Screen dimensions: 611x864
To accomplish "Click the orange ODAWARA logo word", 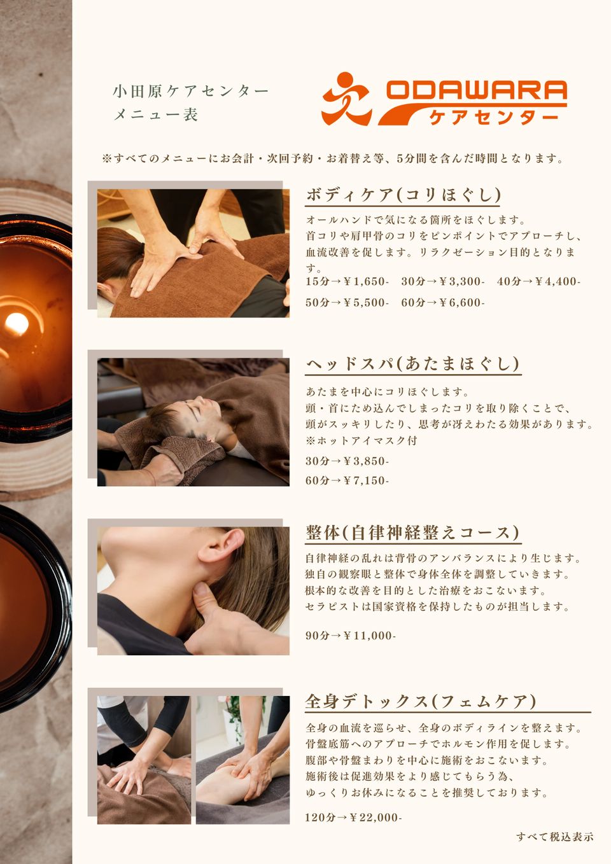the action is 476,90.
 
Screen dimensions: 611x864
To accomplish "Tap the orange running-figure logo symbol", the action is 346,99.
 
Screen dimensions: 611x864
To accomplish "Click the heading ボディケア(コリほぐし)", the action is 403,195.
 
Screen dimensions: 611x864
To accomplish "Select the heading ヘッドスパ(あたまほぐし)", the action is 412,364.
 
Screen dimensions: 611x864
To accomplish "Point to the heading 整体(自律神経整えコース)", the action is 412,533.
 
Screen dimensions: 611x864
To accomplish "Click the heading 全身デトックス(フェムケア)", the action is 421,702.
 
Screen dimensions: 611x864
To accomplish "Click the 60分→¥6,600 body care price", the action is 442,302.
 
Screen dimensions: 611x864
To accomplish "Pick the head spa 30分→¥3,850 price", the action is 347,461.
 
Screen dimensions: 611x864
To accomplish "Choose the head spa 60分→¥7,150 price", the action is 347,480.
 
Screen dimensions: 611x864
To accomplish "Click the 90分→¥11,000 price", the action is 350,635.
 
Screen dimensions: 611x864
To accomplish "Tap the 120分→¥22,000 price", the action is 353,818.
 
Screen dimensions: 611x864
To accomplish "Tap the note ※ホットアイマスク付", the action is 362,440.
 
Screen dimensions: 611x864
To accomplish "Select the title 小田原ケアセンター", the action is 190,91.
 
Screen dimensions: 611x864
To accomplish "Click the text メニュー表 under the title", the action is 155,115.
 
